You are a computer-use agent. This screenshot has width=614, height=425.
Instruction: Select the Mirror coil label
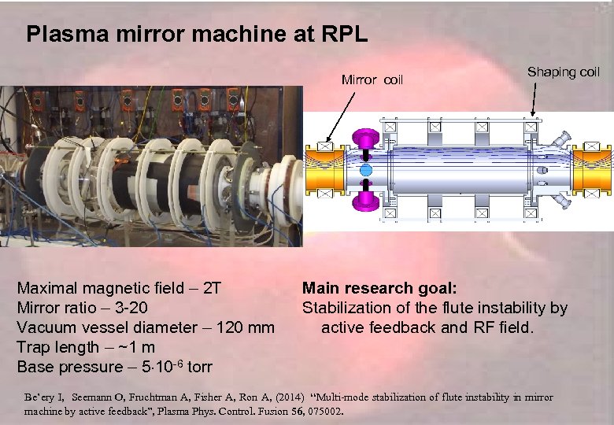[372, 79]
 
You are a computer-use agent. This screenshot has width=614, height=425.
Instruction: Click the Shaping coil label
[564, 72]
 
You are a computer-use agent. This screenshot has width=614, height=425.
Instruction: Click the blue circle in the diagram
[365, 170]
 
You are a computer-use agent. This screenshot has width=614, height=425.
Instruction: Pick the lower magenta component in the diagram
[365, 200]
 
